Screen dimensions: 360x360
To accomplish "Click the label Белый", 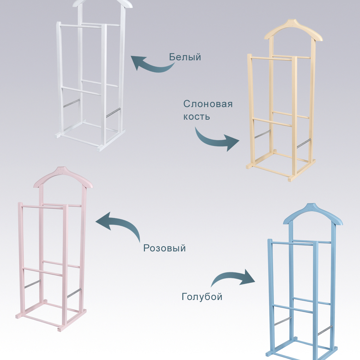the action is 185,57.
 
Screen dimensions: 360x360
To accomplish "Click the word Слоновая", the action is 208,104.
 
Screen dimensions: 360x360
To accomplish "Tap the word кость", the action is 196,117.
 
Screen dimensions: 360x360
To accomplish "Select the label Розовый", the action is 164,248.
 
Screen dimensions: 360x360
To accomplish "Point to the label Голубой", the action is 202,296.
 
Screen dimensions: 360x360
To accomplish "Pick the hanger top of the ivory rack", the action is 293,30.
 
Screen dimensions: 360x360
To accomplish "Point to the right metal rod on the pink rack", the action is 74,293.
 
